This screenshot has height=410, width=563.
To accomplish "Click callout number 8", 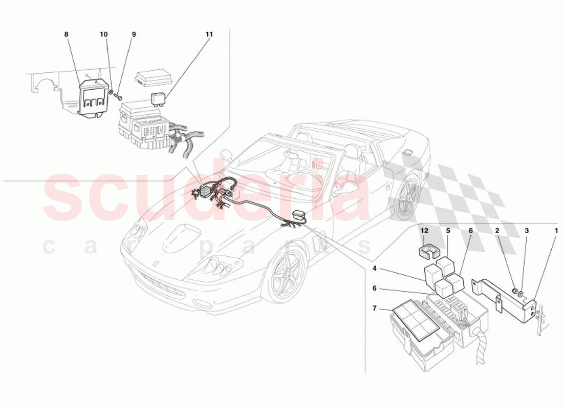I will (66, 34).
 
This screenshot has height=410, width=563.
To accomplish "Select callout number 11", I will (209, 34).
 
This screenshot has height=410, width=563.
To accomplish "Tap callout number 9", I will (134, 34).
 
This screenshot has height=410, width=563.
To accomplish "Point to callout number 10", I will (104, 34).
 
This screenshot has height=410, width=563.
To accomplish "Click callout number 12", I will (424, 231).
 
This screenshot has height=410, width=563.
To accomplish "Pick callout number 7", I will (375, 309).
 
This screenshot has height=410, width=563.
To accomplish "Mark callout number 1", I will (556, 231).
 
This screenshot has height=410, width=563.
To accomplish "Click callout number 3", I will (527, 231).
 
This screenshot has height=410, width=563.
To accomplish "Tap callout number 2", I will (497, 231).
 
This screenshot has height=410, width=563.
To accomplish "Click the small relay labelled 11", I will (160, 96).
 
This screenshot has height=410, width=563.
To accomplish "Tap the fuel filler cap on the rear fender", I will (408, 151).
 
